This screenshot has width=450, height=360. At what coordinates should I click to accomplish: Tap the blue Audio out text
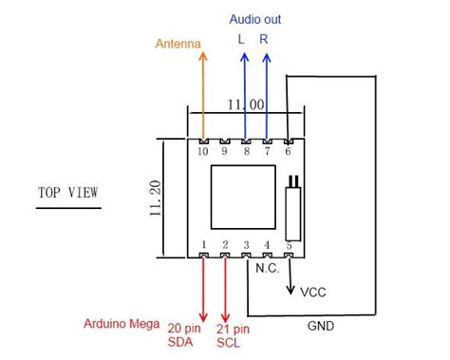pyautogui.click(x=255, y=19)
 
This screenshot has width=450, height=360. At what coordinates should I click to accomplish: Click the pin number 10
pyautogui.click(x=203, y=151)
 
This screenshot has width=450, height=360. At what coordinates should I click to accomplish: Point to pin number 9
pyautogui.click(x=225, y=151)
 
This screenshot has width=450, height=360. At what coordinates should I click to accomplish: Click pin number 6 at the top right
pyautogui.click(x=289, y=151)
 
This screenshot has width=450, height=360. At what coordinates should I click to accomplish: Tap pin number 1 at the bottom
pyautogui.click(x=204, y=245)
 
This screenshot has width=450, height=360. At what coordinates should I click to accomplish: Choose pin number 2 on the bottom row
pyautogui.click(x=225, y=245)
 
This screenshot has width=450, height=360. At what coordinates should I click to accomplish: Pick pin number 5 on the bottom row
pyautogui.click(x=289, y=245)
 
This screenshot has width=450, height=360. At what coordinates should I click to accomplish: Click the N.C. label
pyautogui.click(x=269, y=268)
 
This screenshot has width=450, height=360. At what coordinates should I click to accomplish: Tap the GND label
pyautogui.click(x=320, y=327)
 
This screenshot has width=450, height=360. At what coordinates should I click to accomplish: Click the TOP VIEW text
pyautogui.click(x=68, y=193)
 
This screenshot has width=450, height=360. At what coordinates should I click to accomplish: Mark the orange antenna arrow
pyautogui.click(x=203, y=90)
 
